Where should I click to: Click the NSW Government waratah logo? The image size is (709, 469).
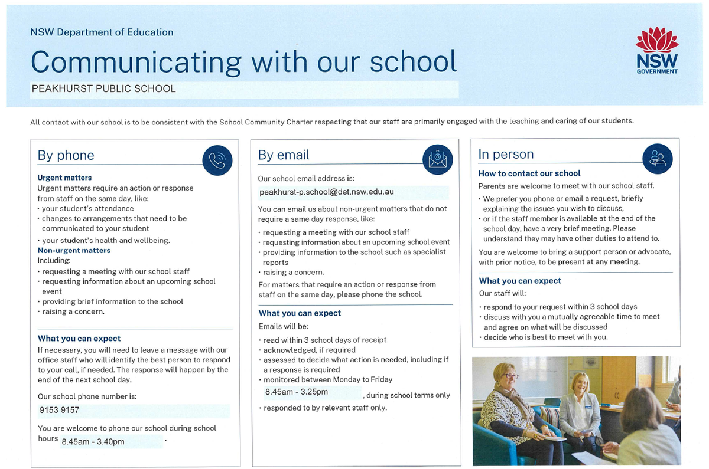point(656,51)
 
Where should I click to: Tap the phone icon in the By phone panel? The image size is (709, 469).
point(217,160)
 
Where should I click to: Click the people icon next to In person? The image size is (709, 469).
point(657,158)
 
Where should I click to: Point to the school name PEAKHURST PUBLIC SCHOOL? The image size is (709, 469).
point(103,89)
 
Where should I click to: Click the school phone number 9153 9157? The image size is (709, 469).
point(59,410)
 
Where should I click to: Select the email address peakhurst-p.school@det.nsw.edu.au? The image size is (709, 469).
point(326,192)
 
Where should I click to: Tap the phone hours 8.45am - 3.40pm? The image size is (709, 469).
point(93,441)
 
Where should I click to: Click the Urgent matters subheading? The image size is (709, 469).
point(64,178)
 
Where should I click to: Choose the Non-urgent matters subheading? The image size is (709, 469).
point(74,250)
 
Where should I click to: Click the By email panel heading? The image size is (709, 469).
point(284,155)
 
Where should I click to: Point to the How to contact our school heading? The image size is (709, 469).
point(529,173)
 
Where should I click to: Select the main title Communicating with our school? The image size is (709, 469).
point(243,61)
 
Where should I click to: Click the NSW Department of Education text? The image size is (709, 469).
point(102,32)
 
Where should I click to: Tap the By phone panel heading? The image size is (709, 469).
point(66,155)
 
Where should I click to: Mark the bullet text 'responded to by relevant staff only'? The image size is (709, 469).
point(325,408)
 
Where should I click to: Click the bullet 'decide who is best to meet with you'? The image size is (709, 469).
point(545,337)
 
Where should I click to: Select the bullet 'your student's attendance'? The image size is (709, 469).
point(87,208)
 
